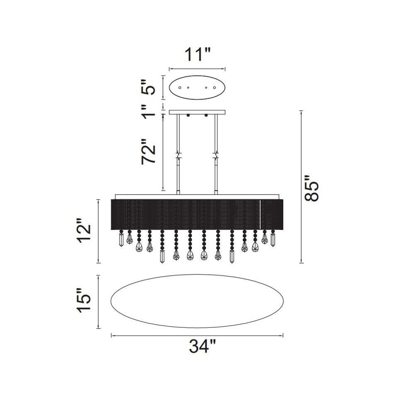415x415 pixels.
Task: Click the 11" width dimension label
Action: pos(197,54)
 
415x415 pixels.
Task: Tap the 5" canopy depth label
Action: pos(149,87)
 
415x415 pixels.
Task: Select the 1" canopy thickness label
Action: pos(149,111)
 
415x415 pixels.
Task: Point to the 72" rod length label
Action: pos(149,151)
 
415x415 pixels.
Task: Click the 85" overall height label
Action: pos(312,188)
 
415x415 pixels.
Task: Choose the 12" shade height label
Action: pos(84,231)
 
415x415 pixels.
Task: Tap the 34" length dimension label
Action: pos(203,347)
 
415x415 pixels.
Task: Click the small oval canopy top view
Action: pos(197,88)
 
